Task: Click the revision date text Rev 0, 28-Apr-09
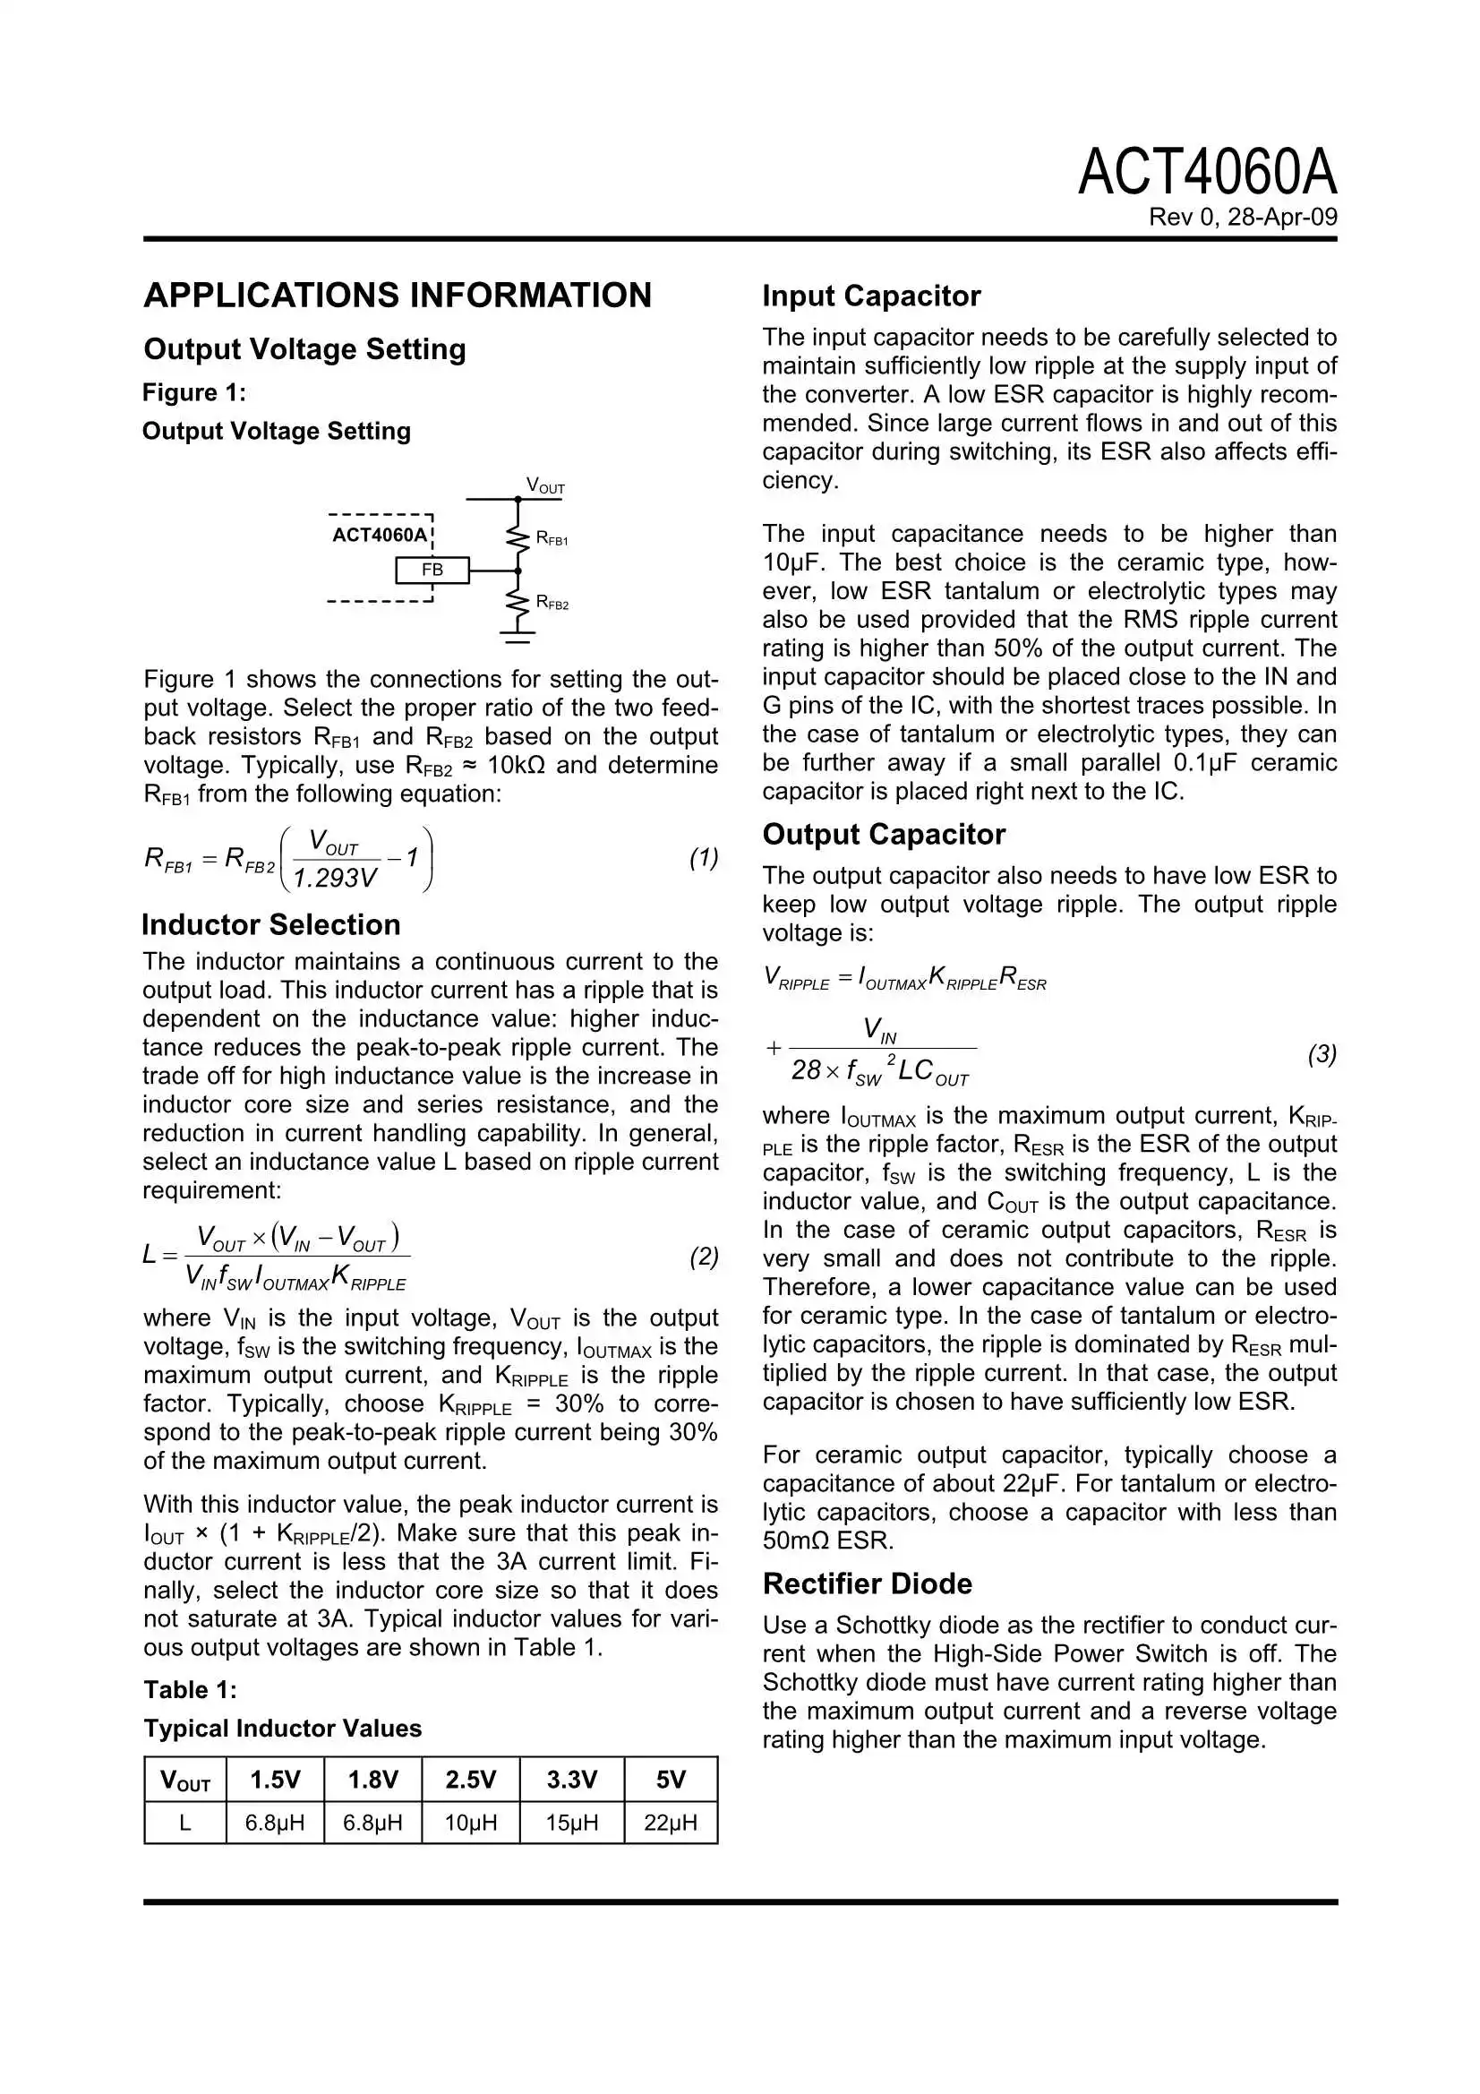[1242, 217]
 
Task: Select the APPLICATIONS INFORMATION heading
[398, 296]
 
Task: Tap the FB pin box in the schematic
[432, 570]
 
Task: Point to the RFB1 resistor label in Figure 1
[552, 539]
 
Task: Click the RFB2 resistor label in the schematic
[552, 603]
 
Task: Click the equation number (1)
[703, 857]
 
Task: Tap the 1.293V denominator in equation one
[335, 878]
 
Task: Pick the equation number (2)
[703, 1257]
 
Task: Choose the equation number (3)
[1322, 1054]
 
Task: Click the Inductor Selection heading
[270, 925]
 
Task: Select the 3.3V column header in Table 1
[571, 1780]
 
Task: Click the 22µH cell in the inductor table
[671, 1824]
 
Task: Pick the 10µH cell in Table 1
[471, 1824]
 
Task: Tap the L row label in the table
[185, 1824]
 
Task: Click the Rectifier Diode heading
[867, 1583]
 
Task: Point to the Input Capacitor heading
[871, 296]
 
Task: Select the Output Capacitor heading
[883, 835]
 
